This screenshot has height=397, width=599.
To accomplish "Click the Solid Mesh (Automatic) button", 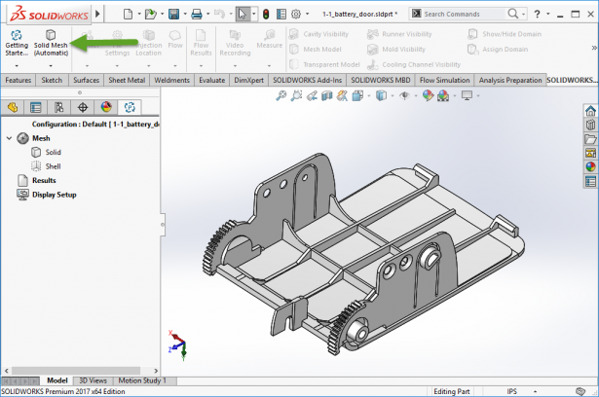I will coord(51,44).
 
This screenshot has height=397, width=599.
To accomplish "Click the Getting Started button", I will coord(17,44).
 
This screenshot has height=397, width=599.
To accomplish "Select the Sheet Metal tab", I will coord(127,80).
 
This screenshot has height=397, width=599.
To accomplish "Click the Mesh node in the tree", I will coord(40,138).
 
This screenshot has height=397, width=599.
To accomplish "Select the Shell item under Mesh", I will coord(53,166).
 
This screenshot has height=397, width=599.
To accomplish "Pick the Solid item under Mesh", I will coord(53,152).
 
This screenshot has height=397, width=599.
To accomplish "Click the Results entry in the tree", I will coord(43,180).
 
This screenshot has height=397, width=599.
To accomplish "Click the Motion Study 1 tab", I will coord(142,380).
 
